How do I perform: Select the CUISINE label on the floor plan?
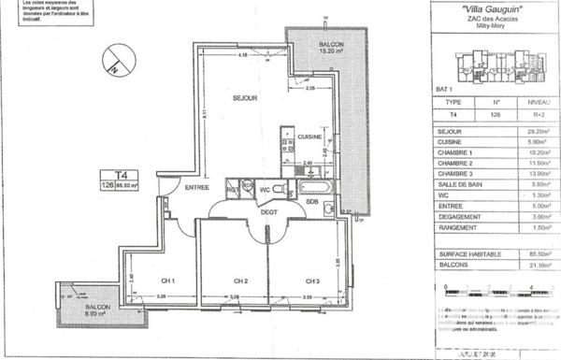tap(309, 137)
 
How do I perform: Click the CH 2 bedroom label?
tap(240, 280)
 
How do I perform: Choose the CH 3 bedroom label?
tap(311, 280)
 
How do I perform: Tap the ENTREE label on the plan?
tap(195, 188)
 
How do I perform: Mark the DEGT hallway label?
tap(269, 211)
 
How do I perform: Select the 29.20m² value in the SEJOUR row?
tap(538, 133)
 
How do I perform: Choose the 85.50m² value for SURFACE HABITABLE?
tap(538, 254)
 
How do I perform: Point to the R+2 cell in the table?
tap(538, 115)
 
